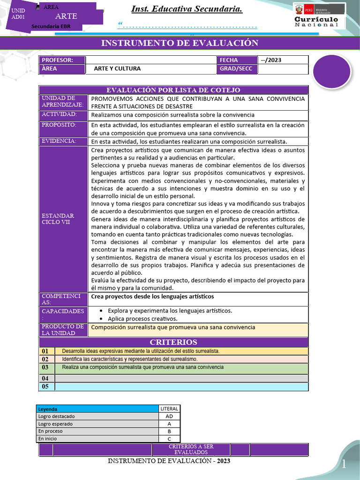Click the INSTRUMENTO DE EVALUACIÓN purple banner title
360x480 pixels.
click(x=180, y=43)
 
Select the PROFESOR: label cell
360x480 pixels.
click(x=62, y=60)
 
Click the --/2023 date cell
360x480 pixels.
click(x=283, y=60)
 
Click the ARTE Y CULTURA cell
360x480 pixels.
click(x=117, y=68)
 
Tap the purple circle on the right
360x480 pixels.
click(x=332, y=72)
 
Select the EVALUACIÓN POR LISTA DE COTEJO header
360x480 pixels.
click(x=173, y=90)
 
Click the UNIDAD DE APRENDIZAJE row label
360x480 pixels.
click(x=63, y=102)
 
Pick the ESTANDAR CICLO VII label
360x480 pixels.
click(x=58, y=218)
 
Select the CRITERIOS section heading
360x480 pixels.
click(x=173, y=342)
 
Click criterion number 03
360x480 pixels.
click(x=45, y=367)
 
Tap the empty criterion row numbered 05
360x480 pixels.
click(x=181, y=387)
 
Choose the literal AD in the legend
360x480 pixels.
click(x=169, y=416)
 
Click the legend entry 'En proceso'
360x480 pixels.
click(x=51, y=431)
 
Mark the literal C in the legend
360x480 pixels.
click(x=169, y=439)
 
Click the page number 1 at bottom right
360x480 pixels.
click(x=344, y=464)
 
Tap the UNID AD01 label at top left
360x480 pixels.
click(x=18, y=14)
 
